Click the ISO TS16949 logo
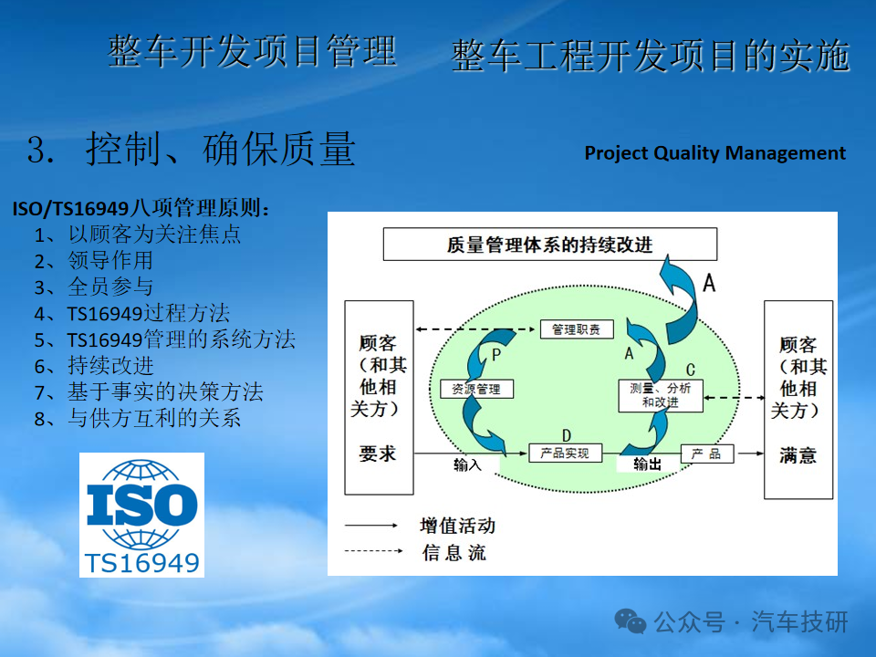[142, 515]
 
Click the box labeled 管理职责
[577, 329]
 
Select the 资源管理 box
[476, 389]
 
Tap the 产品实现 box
[565, 454]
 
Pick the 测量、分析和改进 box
[661, 395]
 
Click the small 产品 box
[706, 454]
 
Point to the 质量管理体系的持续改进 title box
[549, 245]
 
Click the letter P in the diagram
[496, 355]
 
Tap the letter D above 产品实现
[566, 436]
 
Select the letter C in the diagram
[691, 370]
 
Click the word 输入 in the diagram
[467, 464]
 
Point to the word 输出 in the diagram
[648, 464]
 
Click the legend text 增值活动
[457, 526]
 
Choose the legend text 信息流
[454, 553]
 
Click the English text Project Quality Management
[715, 153]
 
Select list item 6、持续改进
[94, 366]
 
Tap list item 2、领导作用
[93, 260]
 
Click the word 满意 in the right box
[798, 455]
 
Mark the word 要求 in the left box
[378, 454]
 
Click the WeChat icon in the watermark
[631, 621]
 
